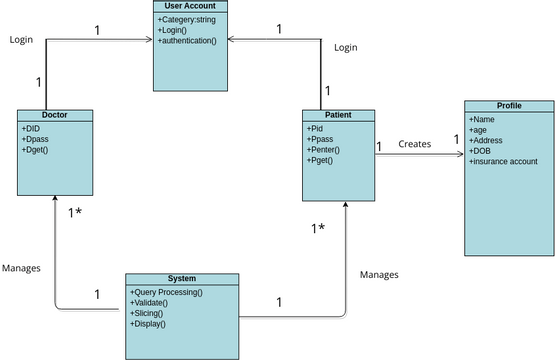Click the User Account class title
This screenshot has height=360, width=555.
click(191, 7)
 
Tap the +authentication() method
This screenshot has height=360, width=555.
click(187, 41)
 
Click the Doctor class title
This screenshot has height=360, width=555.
click(54, 115)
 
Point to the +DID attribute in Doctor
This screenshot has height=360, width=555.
click(31, 128)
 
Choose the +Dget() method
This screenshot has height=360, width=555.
click(35, 150)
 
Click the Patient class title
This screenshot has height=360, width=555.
click(339, 115)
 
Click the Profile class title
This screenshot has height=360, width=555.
click(508, 106)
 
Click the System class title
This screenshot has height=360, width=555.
click(182, 278)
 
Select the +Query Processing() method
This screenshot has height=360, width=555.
click(166, 292)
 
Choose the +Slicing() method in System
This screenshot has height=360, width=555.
click(149, 313)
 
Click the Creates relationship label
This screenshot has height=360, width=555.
click(415, 144)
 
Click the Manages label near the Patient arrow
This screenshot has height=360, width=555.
click(379, 274)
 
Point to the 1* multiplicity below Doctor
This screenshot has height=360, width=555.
click(76, 213)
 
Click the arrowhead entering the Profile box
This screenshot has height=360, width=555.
click(459, 155)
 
